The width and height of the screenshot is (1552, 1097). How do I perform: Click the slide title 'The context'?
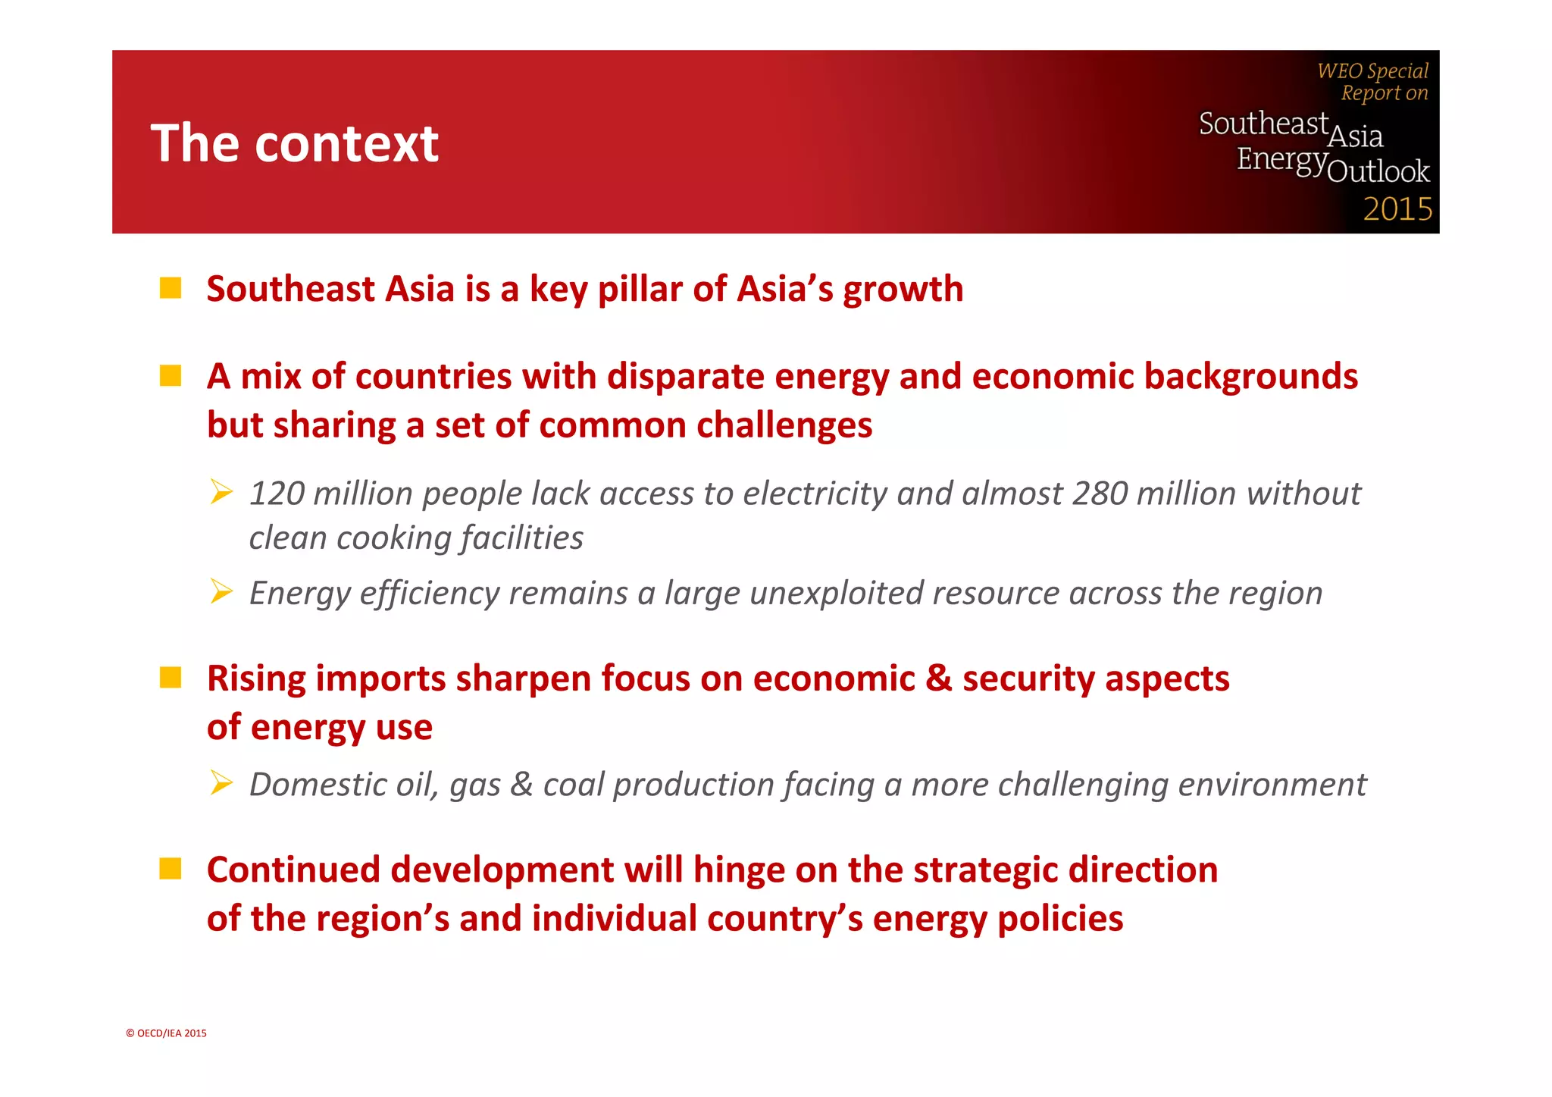(294, 143)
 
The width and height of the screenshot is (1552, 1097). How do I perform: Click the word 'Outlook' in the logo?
(1378, 171)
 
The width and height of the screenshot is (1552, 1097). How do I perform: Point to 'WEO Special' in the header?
(1372, 71)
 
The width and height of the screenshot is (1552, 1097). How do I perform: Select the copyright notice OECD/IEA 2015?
(166, 1033)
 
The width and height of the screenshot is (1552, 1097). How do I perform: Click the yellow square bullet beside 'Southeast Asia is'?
(171, 289)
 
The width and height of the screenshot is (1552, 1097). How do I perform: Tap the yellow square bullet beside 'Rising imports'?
(171, 678)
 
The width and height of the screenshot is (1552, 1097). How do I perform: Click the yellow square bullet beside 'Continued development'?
(171, 869)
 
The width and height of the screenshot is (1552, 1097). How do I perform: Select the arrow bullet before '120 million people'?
(221, 492)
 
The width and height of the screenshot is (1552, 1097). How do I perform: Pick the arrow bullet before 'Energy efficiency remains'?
(221, 591)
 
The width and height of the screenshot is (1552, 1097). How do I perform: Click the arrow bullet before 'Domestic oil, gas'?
(221, 782)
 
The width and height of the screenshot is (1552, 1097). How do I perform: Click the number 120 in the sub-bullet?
(277, 494)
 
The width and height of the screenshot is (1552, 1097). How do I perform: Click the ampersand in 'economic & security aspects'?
(938, 678)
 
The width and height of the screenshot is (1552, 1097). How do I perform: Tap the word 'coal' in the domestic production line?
(573, 784)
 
